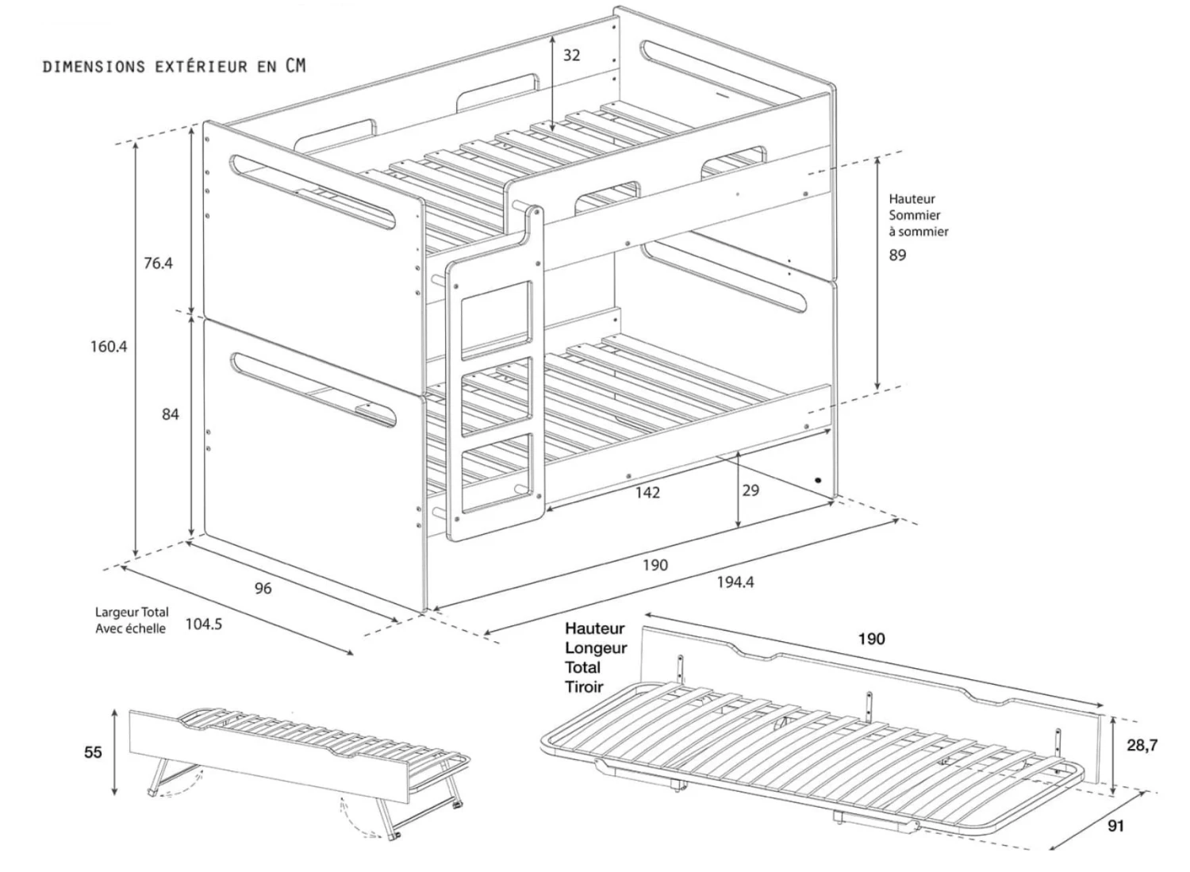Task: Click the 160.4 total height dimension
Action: [x=108, y=347]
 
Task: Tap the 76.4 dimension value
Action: [x=158, y=263]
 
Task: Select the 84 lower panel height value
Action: [x=170, y=414]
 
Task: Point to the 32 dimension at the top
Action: [x=571, y=55]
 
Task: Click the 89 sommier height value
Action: [x=897, y=255]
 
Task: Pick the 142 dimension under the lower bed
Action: [x=647, y=493]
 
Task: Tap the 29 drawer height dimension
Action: [x=750, y=490]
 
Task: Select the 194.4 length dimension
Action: [x=735, y=582]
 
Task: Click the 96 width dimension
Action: [x=263, y=588]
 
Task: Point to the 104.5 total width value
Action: [x=204, y=624]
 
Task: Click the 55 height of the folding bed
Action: [x=93, y=752]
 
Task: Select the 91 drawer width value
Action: [x=1115, y=826]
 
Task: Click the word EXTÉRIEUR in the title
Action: [x=202, y=67]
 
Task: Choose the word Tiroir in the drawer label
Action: [x=584, y=687]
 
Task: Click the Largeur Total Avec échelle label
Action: [x=131, y=620]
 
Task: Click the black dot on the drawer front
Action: [x=819, y=480]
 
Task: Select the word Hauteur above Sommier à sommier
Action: [x=912, y=199]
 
